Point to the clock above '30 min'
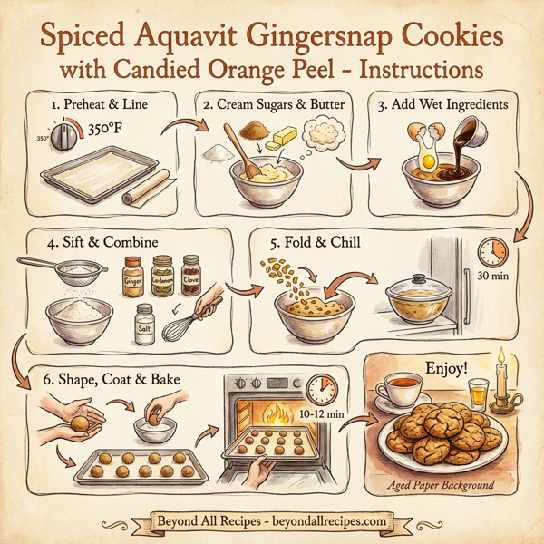492,252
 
